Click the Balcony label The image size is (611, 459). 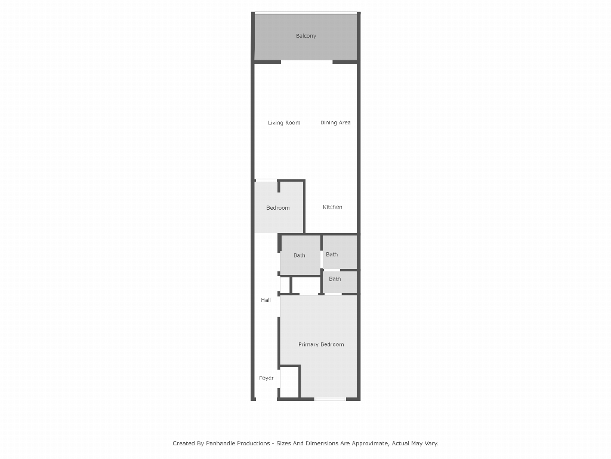click(x=306, y=36)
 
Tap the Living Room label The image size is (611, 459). click(x=284, y=123)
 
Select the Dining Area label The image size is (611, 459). click(x=335, y=123)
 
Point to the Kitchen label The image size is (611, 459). click(x=332, y=207)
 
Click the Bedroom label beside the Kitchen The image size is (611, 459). click(x=278, y=208)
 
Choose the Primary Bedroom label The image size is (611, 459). click(x=321, y=345)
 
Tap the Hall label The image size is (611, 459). click(x=266, y=300)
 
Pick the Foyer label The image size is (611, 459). click(x=267, y=378)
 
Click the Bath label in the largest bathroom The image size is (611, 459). click(x=300, y=256)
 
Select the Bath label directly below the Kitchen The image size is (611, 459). click(x=332, y=255)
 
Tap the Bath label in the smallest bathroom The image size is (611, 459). click(x=335, y=279)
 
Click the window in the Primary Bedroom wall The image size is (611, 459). click(x=330, y=399)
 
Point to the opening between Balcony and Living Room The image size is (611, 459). click(x=307, y=62)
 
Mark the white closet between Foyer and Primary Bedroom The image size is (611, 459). click(x=289, y=382)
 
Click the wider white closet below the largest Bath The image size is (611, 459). click(x=306, y=285)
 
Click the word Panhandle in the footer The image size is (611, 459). click(x=221, y=443)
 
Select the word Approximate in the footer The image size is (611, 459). click(x=370, y=443)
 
